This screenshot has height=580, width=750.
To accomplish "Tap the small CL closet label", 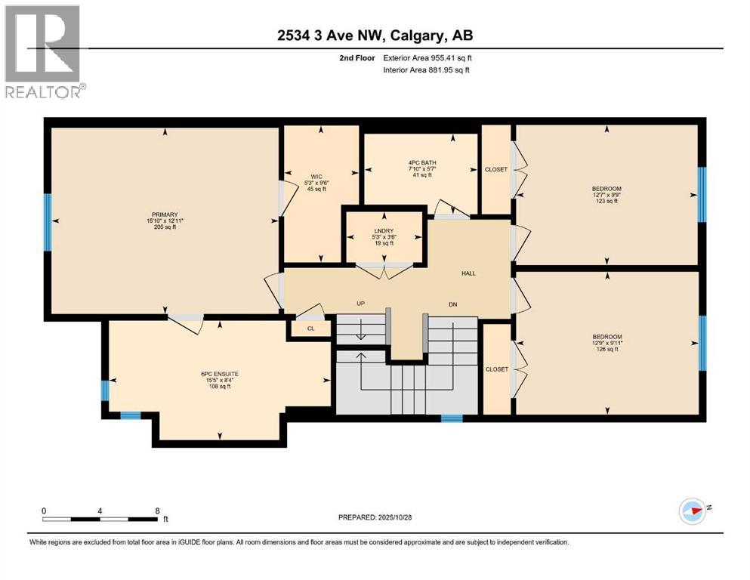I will click(x=310, y=329).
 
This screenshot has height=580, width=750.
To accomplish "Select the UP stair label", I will click(x=362, y=304).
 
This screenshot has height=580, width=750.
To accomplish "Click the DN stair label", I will click(x=452, y=304).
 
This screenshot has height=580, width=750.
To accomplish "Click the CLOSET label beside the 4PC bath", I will click(x=496, y=170).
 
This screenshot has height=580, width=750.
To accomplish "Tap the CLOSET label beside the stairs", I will click(x=496, y=369).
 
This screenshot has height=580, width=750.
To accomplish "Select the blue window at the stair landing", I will click(x=452, y=418).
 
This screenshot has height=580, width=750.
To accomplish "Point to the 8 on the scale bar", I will click(x=157, y=511).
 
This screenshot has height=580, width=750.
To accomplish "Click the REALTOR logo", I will click(x=44, y=51).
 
